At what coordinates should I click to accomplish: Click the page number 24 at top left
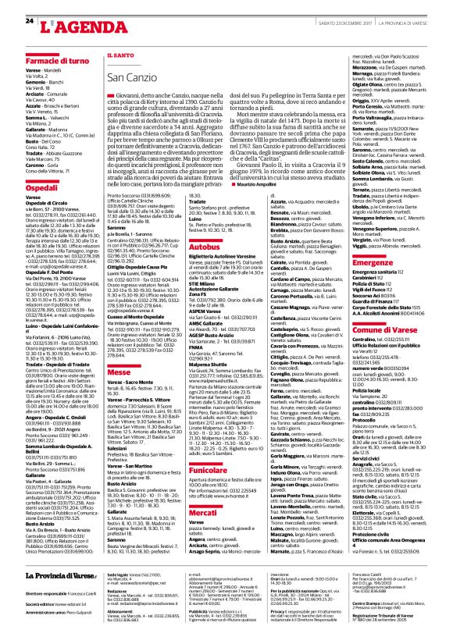click(29, 19)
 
